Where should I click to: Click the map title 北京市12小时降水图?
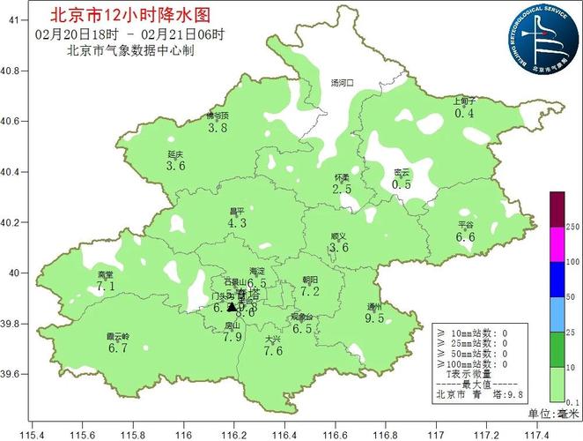pyautogui.click(x=131, y=15)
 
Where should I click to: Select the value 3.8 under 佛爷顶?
pyautogui.click(x=218, y=128)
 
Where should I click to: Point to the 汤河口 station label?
pyautogui.click(x=342, y=82)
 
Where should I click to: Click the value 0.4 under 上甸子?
pyautogui.click(x=464, y=113)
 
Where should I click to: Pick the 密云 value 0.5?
pyautogui.click(x=402, y=184)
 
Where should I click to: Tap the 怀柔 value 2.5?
pyautogui.click(x=342, y=189)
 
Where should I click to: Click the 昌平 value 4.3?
pyautogui.click(x=237, y=224)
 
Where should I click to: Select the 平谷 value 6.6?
pyautogui.click(x=465, y=237)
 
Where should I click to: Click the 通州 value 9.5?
pyautogui.click(x=374, y=318)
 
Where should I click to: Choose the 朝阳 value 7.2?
pyautogui.click(x=309, y=291)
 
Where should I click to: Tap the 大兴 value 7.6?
pyautogui.click(x=273, y=351)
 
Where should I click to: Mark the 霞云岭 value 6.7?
pyautogui.click(x=118, y=348)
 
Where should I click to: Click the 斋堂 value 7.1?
pyautogui.click(x=107, y=287)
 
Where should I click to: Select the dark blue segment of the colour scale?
pyautogui.click(x=557, y=279)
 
